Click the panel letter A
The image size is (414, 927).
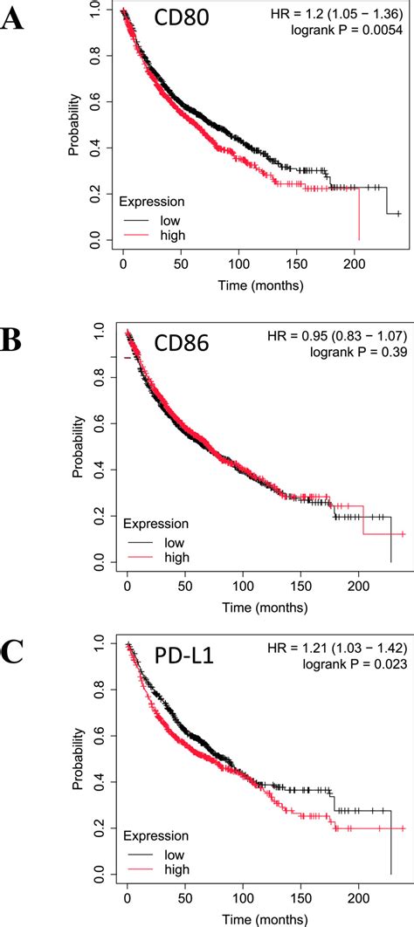12,18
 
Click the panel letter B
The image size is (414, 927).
11,340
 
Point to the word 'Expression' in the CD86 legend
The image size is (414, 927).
155,525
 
